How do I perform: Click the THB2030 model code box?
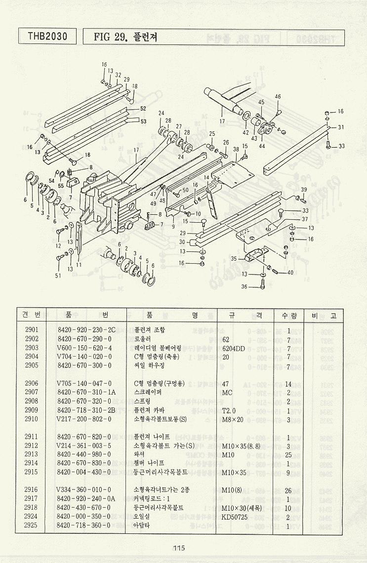[x=47, y=36]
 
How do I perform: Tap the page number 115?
[x=178, y=547]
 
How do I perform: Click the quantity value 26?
[x=288, y=490]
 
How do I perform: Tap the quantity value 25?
[x=288, y=454]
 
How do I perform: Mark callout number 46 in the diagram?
[x=278, y=96]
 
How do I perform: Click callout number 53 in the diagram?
[x=143, y=121]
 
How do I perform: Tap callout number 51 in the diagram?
[x=58, y=276]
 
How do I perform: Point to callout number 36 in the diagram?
[x=244, y=286]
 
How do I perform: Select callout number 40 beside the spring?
[x=290, y=273]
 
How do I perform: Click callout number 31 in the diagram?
[x=341, y=127]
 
